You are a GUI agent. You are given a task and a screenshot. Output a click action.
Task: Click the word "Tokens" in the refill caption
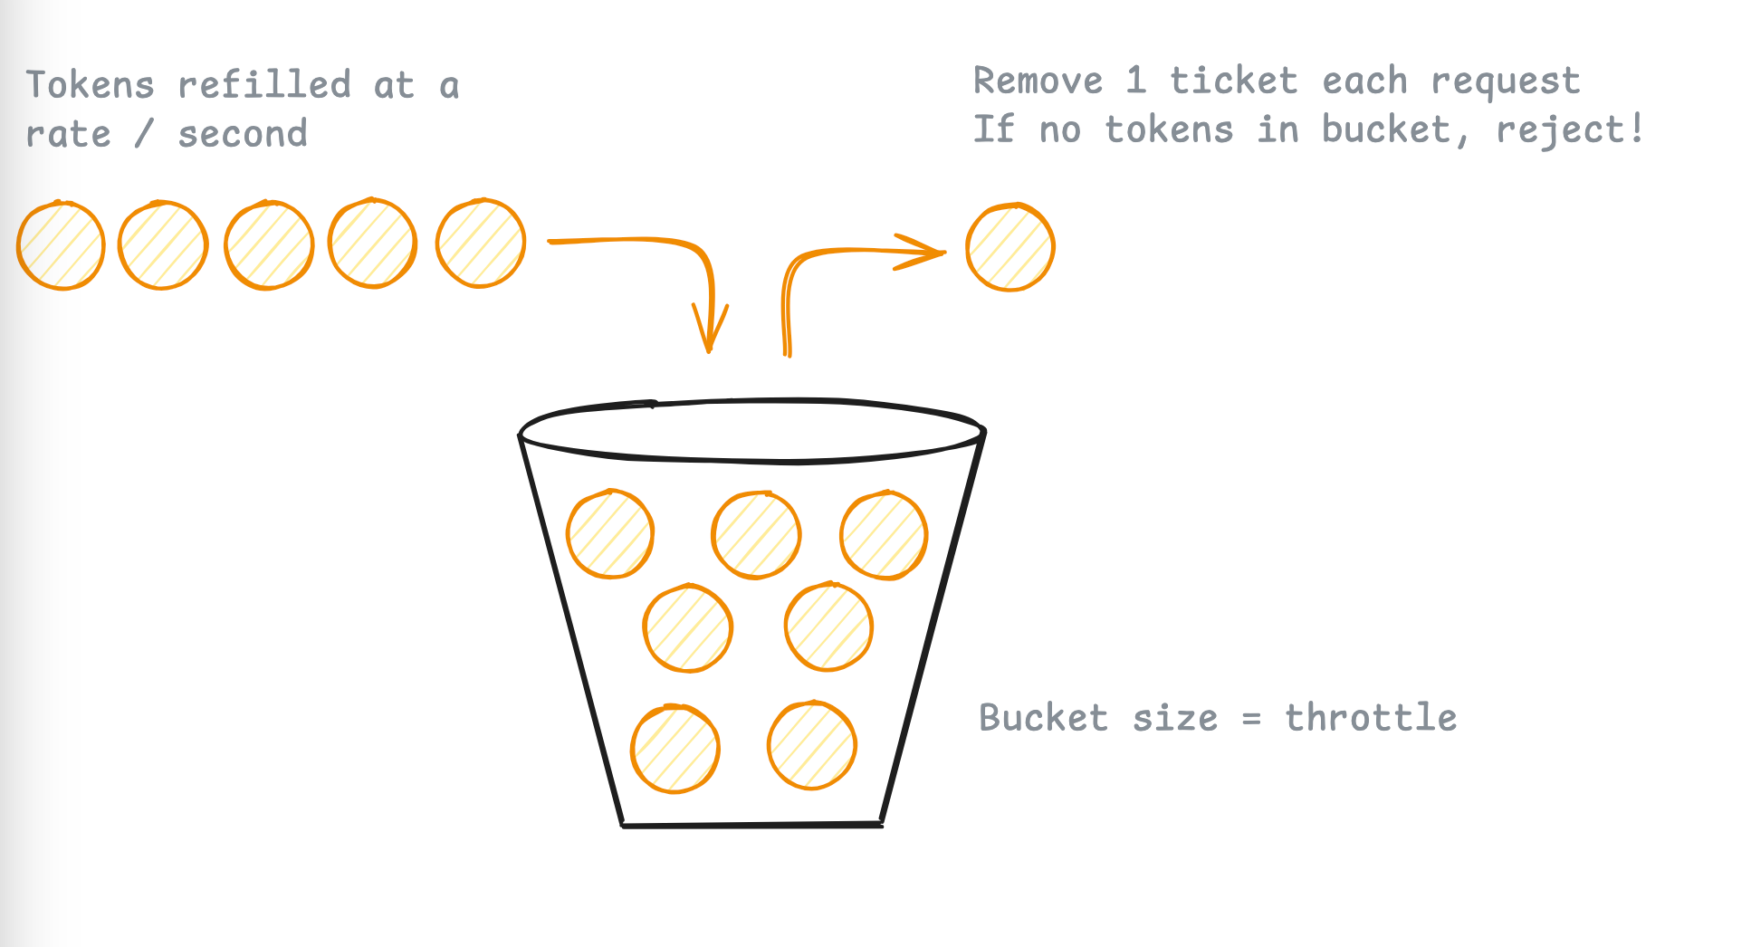point(90,85)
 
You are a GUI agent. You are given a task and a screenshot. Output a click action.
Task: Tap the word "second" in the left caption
point(243,134)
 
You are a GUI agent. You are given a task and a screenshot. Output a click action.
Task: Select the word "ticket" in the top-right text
point(1233,81)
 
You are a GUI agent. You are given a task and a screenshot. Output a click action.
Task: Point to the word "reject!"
point(1570,129)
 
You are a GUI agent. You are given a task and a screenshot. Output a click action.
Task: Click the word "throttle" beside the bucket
point(1371,717)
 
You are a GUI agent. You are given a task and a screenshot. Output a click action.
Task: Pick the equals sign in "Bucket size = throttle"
point(1251,719)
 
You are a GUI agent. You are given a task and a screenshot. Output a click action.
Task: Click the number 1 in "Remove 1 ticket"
point(1135,81)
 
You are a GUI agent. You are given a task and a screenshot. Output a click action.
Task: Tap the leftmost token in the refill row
point(61,245)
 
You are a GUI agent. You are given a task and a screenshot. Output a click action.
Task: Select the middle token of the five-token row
point(269,245)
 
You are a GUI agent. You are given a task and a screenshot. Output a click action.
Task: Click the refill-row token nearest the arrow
point(481,244)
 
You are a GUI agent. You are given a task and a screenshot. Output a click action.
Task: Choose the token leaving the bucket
point(1009,247)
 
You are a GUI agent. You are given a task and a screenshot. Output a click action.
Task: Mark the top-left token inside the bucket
point(610,534)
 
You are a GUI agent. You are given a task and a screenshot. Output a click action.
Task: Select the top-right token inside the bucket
point(884,535)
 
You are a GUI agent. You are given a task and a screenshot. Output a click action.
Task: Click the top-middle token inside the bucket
point(756,535)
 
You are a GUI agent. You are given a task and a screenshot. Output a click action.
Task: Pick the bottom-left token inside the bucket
point(675,749)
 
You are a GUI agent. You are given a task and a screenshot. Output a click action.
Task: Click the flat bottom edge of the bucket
point(751,825)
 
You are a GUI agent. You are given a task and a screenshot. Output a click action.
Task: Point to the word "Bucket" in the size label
point(1043,718)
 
